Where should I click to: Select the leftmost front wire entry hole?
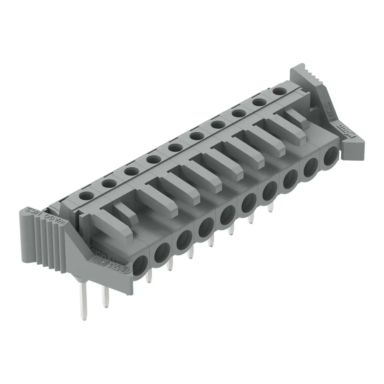pos(140,265)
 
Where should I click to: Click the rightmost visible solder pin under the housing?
pos(271,207)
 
